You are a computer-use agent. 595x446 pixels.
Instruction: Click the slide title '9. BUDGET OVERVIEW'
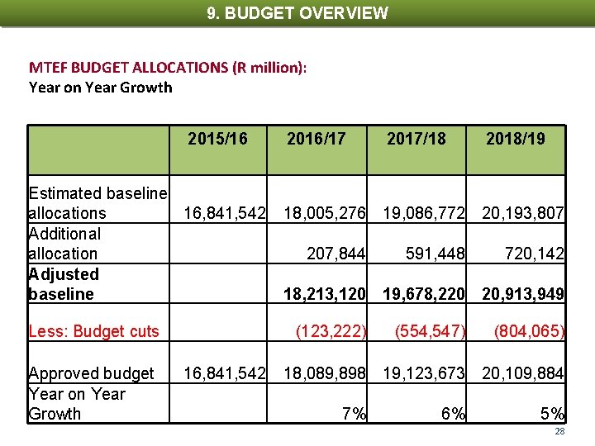coord(297,13)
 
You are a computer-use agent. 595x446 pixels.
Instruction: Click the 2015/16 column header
coord(217,139)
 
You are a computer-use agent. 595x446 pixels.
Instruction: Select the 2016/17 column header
coord(317,139)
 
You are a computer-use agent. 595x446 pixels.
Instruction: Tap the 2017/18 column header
coord(416,139)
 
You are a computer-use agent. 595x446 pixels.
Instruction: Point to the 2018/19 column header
coord(516,139)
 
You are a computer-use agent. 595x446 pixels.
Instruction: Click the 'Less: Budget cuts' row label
coord(93,332)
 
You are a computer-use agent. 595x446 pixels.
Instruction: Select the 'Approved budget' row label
coord(91,374)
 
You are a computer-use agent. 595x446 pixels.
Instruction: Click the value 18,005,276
coord(325,214)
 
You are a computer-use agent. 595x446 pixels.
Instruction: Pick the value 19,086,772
coord(424,214)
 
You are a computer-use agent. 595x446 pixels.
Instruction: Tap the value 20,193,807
coord(524,214)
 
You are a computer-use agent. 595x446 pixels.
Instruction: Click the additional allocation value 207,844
coord(336,254)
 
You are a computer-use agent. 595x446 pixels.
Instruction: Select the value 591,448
coord(436,254)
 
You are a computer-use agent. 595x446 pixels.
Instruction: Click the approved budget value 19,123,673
coord(424,374)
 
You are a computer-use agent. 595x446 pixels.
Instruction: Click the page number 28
coord(559,432)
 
